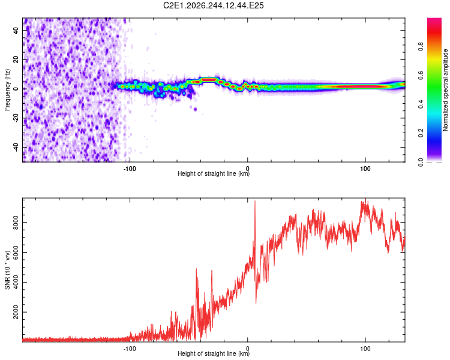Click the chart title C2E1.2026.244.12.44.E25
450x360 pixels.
[x=213, y=5]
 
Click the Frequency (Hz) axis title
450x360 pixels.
[x=7, y=90]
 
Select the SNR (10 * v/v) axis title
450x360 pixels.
[x=7, y=270]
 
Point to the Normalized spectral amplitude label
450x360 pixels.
[x=445, y=90]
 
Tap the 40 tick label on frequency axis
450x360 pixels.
[x=16, y=31]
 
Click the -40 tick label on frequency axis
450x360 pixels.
[x=16, y=147]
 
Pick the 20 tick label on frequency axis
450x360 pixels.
[x=16, y=60]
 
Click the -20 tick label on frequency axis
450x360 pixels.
[x=16, y=118]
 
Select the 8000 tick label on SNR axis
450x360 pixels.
[x=16, y=223]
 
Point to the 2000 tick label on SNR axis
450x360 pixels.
[x=16, y=312]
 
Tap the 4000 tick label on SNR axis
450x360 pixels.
[x=16, y=282]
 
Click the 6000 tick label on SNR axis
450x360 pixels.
[x=16, y=253]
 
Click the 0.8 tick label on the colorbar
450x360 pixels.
[x=421, y=46]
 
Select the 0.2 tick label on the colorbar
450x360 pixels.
[x=421, y=133]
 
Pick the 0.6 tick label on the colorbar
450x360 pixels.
[x=421, y=75]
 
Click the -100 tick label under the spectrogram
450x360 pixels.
[x=130, y=169]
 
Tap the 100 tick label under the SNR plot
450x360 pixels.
[x=365, y=349]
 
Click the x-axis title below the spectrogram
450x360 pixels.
[x=214, y=173]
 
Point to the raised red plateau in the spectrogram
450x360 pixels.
[x=208, y=80]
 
